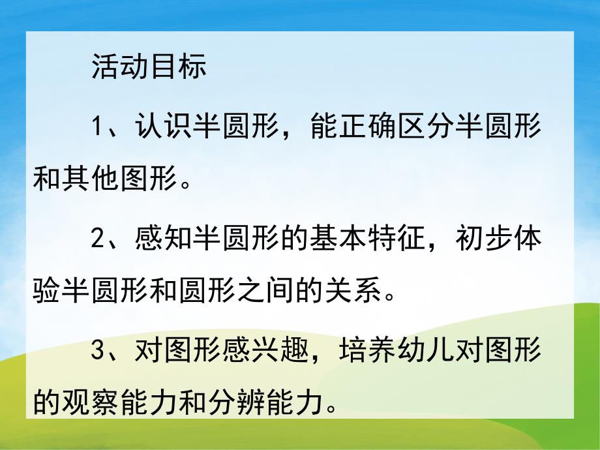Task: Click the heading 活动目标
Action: [149, 67]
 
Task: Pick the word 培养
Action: [367, 353]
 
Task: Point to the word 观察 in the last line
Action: [89, 404]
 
